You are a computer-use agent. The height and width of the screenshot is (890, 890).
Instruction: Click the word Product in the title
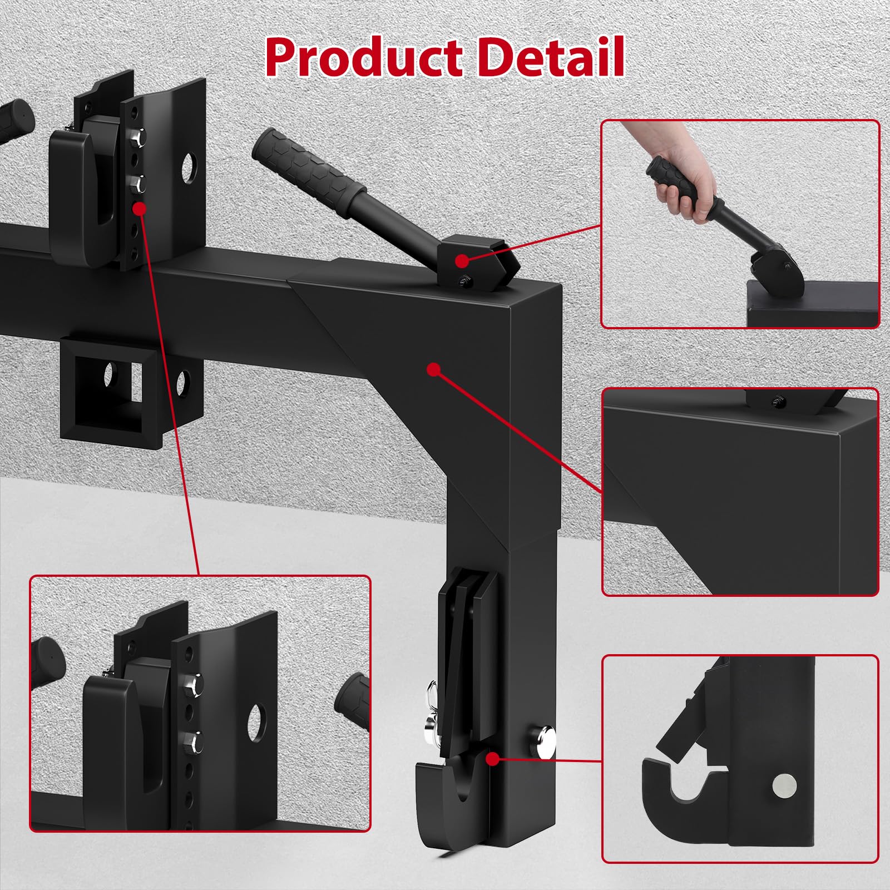(364, 57)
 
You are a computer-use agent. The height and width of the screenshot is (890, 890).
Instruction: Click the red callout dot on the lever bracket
(462, 260)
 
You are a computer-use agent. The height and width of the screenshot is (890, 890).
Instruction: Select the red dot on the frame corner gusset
(434, 369)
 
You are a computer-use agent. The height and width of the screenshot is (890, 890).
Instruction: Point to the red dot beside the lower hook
(492, 759)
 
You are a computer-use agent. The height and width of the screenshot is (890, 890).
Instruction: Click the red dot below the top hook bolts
(139, 209)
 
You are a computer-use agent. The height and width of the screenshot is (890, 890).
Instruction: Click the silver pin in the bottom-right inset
(784, 785)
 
